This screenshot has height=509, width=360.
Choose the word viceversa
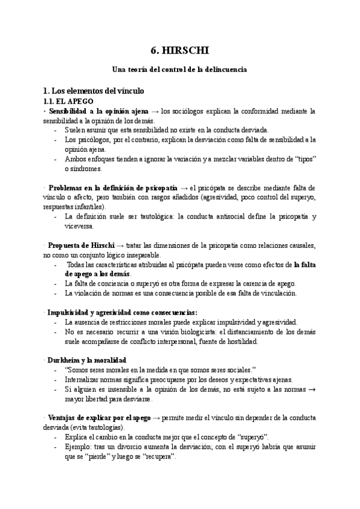[80, 226]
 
